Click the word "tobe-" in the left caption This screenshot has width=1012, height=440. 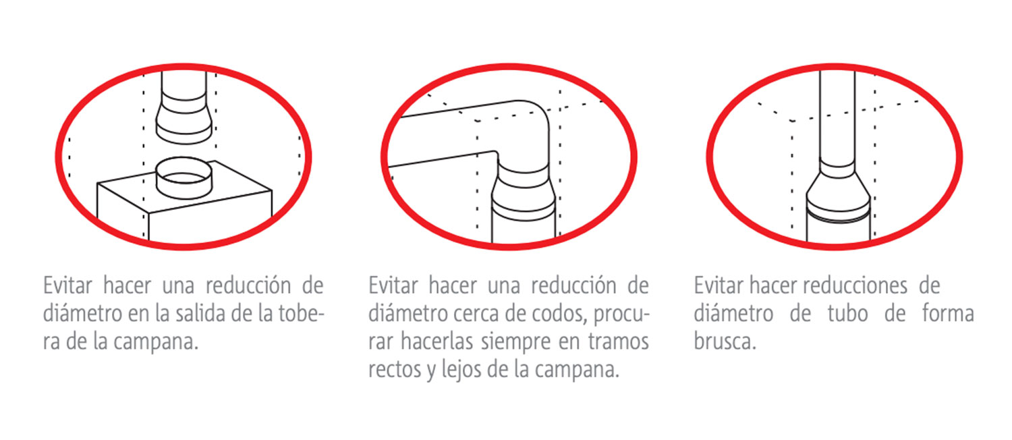tap(302, 313)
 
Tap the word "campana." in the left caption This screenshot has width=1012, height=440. tap(156, 342)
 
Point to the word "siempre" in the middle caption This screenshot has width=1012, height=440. tap(515, 341)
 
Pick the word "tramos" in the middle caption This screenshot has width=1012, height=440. tap(619, 342)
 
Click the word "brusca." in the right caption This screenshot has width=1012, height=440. tap(725, 341)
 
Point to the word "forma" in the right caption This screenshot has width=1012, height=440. tap(948, 313)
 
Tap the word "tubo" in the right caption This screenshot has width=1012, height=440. tap(847, 314)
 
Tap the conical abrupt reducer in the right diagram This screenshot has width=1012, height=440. tap(838, 190)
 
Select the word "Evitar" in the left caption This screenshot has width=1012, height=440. tap(67, 285)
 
